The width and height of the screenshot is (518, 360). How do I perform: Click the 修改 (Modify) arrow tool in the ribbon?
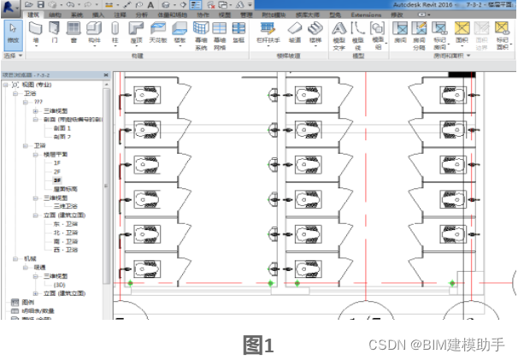[x=12, y=35]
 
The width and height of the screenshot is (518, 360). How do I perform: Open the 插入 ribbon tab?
[x=97, y=15]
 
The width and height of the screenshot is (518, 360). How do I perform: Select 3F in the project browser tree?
[x=57, y=181]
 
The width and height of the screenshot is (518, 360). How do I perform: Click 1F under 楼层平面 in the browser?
[x=57, y=162]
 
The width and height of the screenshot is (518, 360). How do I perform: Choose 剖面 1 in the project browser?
[x=62, y=128]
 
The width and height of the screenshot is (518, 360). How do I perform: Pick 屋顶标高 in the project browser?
[x=65, y=189]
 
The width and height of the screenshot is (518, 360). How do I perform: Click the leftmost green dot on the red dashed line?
[x=130, y=282]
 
